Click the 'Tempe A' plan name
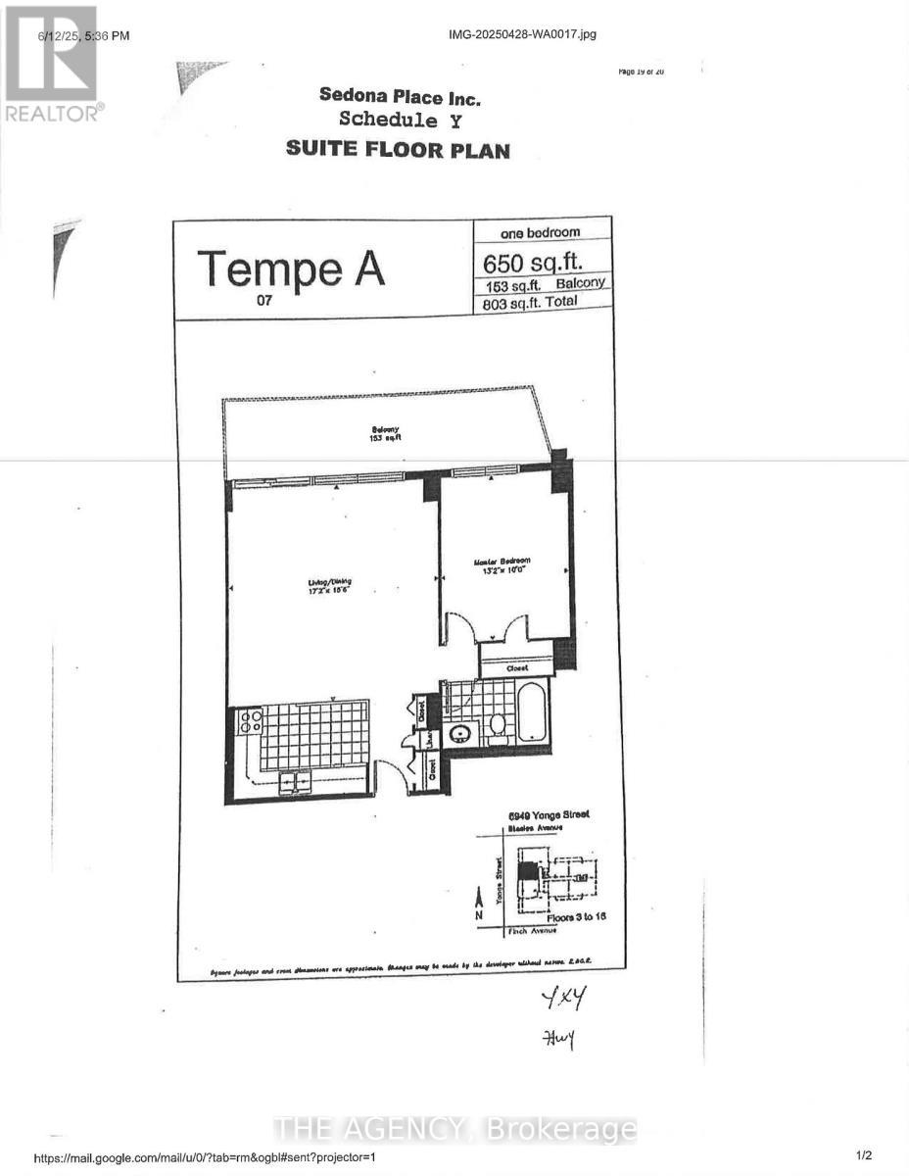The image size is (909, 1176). coord(291,268)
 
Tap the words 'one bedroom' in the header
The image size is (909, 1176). coord(540,233)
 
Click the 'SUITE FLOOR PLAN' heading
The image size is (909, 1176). coord(398,150)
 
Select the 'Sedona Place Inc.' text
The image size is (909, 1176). coord(400,96)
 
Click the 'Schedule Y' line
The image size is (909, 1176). coord(399,121)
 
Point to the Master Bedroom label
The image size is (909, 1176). coord(503,565)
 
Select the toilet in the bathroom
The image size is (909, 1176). coord(498,723)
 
